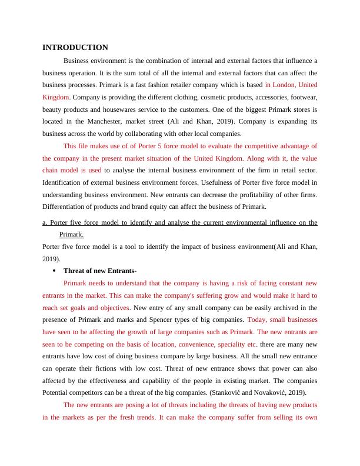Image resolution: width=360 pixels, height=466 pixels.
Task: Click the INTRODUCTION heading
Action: coord(75,48)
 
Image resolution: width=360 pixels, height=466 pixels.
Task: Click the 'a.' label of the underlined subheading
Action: coord(45,223)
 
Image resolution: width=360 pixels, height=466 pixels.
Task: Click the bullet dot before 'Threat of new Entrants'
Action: coord(54,271)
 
